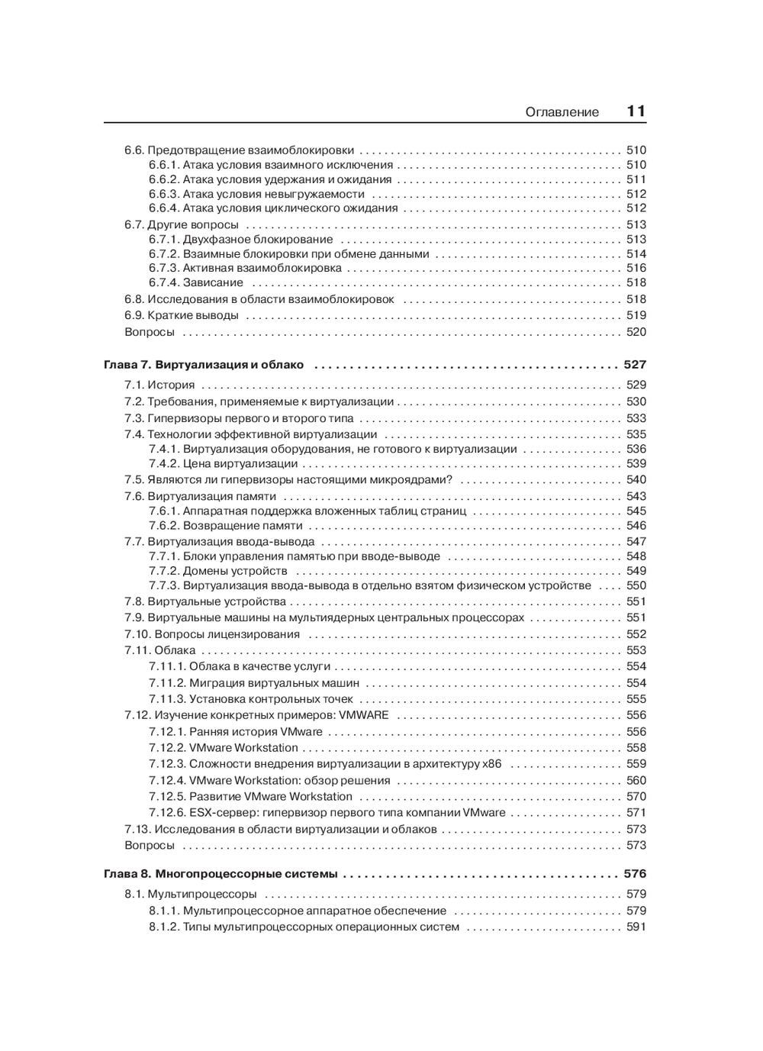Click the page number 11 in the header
click(x=636, y=111)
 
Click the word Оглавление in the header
click(x=562, y=112)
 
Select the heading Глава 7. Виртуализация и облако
click(x=204, y=365)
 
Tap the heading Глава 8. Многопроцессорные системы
click(x=221, y=874)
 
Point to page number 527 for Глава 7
click(x=635, y=365)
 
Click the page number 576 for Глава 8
click(x=635, y=874)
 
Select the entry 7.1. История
click(x=159, y=385)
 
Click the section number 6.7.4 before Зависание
click(x=163, y=282)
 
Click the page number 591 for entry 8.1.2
click(x=636, y=927)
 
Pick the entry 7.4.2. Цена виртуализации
click(x=224, y=463)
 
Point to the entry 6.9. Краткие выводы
click(x=182, y=315)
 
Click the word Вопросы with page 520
click(x=150, y=332)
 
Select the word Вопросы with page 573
click(x=150, y=845)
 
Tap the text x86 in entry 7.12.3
click(x=492, y=763)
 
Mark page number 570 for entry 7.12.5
click(x=636, y=796)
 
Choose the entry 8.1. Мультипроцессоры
click(x=191, y=894)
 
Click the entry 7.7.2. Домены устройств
click(x=218, y=570)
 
